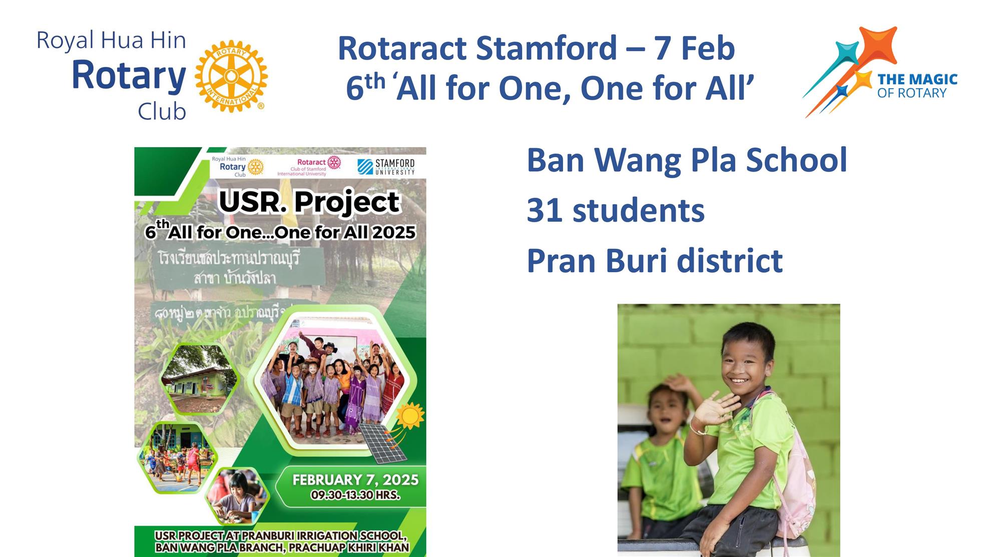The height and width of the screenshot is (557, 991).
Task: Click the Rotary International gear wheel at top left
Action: coord(231,77)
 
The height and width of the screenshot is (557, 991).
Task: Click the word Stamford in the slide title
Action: coord(546,48)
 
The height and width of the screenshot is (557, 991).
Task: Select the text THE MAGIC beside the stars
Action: coord(917,79)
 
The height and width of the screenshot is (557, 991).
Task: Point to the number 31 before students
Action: coord(544,210)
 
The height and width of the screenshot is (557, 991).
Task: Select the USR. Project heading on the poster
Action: coord(309,202)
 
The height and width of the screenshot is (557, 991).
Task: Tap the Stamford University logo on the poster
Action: coord(386,167)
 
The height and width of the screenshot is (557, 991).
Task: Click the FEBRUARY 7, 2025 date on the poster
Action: coord(355,480)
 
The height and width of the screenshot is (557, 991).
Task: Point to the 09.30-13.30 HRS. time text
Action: coord(355,495)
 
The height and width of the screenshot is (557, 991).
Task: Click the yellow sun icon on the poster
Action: coord(410,415)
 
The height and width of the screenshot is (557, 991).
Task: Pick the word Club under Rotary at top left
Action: coord(162,112)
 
